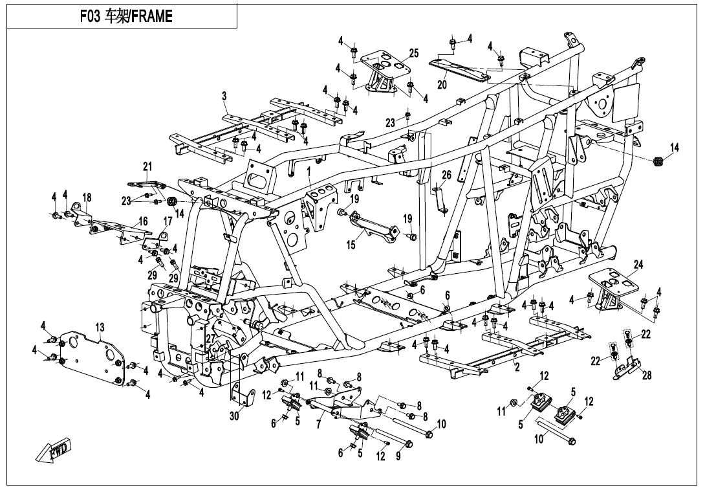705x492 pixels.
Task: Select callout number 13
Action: point(100,328)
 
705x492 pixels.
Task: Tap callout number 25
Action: point(414,53)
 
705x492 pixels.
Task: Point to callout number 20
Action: point(442,84)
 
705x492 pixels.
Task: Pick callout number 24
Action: point(638,265)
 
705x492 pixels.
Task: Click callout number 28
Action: point(646,376)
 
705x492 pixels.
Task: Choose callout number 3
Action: point(224,96)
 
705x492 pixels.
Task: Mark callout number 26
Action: point(446,175)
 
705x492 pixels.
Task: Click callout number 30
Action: point(234,418)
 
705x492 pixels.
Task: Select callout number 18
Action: point(87,197)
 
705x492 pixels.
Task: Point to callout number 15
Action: point(351,245)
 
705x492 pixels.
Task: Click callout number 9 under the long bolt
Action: point(398,456)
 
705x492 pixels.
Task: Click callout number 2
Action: point(517,367)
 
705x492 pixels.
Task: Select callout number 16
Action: point(143,221)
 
